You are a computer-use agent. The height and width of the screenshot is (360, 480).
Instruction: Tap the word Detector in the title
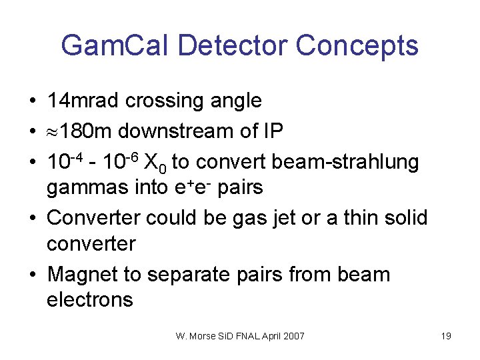tap(235, 46)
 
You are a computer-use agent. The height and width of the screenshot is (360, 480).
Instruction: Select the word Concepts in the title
tap(357, 46)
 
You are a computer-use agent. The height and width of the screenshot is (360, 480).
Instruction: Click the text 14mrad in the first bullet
tap(83, 101)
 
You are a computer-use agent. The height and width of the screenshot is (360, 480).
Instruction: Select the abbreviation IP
tap(273, 131)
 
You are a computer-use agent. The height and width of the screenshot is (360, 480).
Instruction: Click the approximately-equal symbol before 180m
tap(53, 132)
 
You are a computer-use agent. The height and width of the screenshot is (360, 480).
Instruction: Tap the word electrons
tap(90, 299)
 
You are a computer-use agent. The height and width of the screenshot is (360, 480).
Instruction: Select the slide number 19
tap(446, 336)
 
